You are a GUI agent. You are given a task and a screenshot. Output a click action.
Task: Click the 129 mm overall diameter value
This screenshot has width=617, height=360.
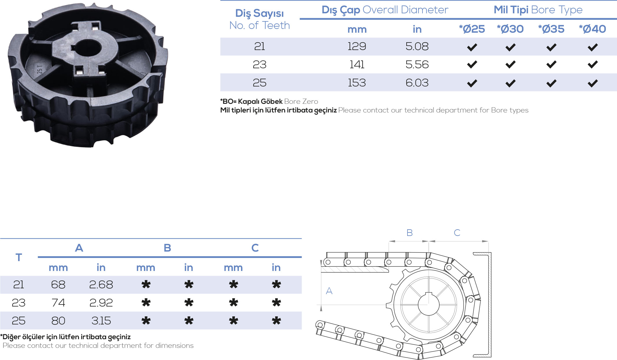tap(357, 46)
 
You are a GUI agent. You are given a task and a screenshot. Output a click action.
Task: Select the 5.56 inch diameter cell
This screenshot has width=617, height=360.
tap(417, 64)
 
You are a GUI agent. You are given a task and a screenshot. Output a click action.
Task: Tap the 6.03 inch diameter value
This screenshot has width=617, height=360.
tap(417, 83)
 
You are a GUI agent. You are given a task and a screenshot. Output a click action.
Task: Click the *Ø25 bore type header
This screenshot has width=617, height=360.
tap(472, 29)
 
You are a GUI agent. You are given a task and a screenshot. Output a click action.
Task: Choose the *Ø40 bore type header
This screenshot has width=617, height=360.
tap(592, 29)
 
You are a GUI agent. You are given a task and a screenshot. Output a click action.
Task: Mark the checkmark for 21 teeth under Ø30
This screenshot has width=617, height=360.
tap(511, 47)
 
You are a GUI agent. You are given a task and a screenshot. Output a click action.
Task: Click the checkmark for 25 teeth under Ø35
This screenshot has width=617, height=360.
tap(551, 83)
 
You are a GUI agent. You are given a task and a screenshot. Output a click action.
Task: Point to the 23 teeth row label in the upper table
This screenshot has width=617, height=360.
tap(260, 64)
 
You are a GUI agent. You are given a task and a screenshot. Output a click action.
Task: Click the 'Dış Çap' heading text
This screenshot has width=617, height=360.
tap(341, 10)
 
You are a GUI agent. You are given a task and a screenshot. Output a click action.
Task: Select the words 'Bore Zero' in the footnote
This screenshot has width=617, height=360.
tap(301, 101)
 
